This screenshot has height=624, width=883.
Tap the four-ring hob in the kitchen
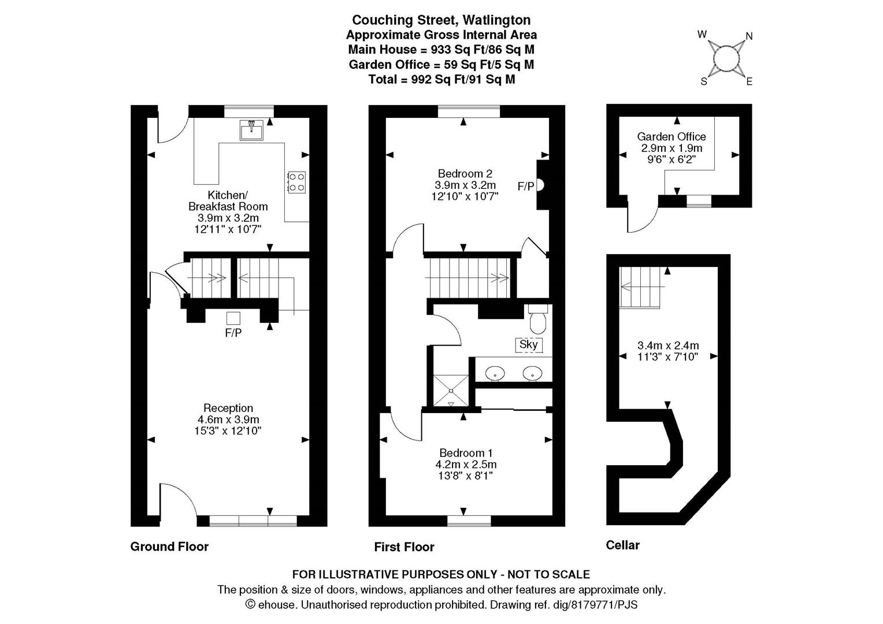(296, 182)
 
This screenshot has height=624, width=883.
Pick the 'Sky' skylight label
(529, 345)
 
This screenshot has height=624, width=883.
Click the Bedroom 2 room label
(465, 173)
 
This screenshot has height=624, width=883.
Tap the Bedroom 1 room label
(466, 453)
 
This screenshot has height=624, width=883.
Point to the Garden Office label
(671, 137)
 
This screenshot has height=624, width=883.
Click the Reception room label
(228, 408)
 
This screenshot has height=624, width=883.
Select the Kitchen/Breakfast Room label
(228, 200)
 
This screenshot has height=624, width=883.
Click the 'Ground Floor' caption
(169, 547)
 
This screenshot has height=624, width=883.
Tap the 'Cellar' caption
(622, 545)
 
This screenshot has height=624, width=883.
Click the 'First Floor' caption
(404, 547)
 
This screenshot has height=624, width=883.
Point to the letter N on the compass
(750, 36)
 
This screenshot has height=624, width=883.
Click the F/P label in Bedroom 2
(525, 186)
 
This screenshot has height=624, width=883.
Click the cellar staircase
(640, 287)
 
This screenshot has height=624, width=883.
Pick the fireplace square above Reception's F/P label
(233, 317)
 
